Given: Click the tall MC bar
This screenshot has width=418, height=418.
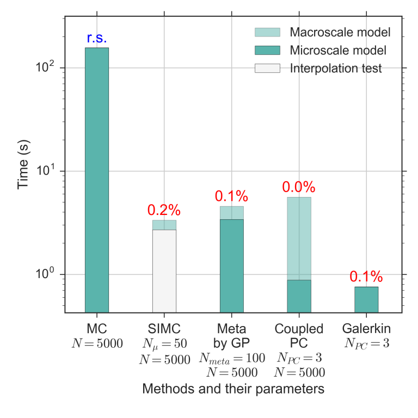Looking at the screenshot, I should pyautogui.click(x=97, y=180).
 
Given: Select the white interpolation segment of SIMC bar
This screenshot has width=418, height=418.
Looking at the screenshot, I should pyautogui.click(x=164, y=271).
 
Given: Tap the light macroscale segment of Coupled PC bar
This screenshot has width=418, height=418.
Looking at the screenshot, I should pyautogui.click(x=299, y=238).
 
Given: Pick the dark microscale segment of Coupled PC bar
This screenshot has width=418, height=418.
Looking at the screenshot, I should pyautogui.click(x=299, y=296).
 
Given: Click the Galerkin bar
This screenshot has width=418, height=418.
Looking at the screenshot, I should pyautogui.click(x=366, y=299).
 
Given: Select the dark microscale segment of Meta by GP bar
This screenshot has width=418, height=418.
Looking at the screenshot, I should pyautogui.click(x=231, y=266).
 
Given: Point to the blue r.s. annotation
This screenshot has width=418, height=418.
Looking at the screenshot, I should pyautogui.click(x=97, y=38).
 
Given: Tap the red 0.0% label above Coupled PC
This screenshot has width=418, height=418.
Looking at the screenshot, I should pyautogui.click(x=299, y=187).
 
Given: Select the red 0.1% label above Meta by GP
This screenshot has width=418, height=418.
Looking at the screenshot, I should pyautogui.click(x=231, y=196).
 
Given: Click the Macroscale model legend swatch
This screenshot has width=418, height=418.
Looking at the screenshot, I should pyautogui.click(x=267, y=32).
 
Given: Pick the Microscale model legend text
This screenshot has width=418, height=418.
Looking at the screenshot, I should pyautogui.click(x=338, y=51).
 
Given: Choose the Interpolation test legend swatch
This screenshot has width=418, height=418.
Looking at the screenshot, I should pyautogui.click(x=267, y=69).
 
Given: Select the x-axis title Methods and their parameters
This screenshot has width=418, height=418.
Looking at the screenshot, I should pyautogui.click(x=233, y=389).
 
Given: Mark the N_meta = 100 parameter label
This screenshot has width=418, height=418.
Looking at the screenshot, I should pyautogui.click(x=232, y=358).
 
